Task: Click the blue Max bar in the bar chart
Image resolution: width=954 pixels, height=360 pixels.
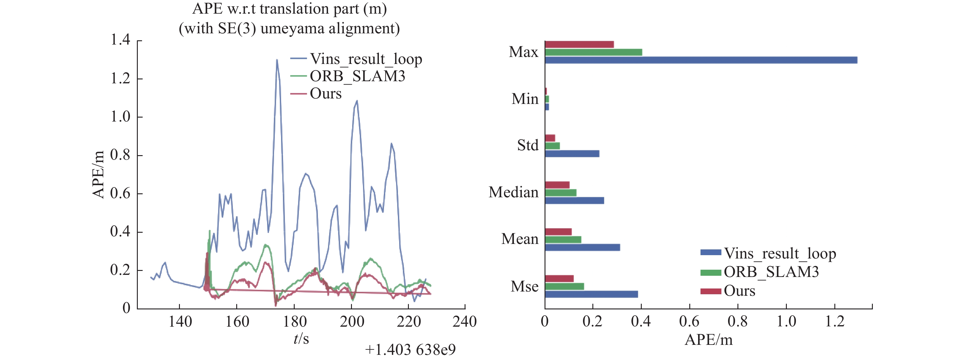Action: pos(701,60)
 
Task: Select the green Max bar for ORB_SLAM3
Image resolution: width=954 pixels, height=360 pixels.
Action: pos(593,52)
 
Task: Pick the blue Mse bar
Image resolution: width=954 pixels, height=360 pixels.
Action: pos(591,294)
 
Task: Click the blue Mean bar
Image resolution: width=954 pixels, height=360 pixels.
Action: pos(582,247)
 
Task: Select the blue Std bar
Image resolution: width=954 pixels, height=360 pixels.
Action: pos(572,154)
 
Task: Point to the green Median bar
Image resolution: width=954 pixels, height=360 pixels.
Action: pos(560,193)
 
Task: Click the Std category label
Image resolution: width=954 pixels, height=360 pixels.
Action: pos(528,145)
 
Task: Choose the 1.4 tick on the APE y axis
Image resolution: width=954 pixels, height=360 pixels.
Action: pos(121,40)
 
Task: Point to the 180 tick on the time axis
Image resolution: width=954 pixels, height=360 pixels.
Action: pos(294,322)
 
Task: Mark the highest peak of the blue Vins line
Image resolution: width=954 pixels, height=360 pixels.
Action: pos(277,60)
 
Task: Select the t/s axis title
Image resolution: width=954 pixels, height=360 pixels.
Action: pos(301,339)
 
